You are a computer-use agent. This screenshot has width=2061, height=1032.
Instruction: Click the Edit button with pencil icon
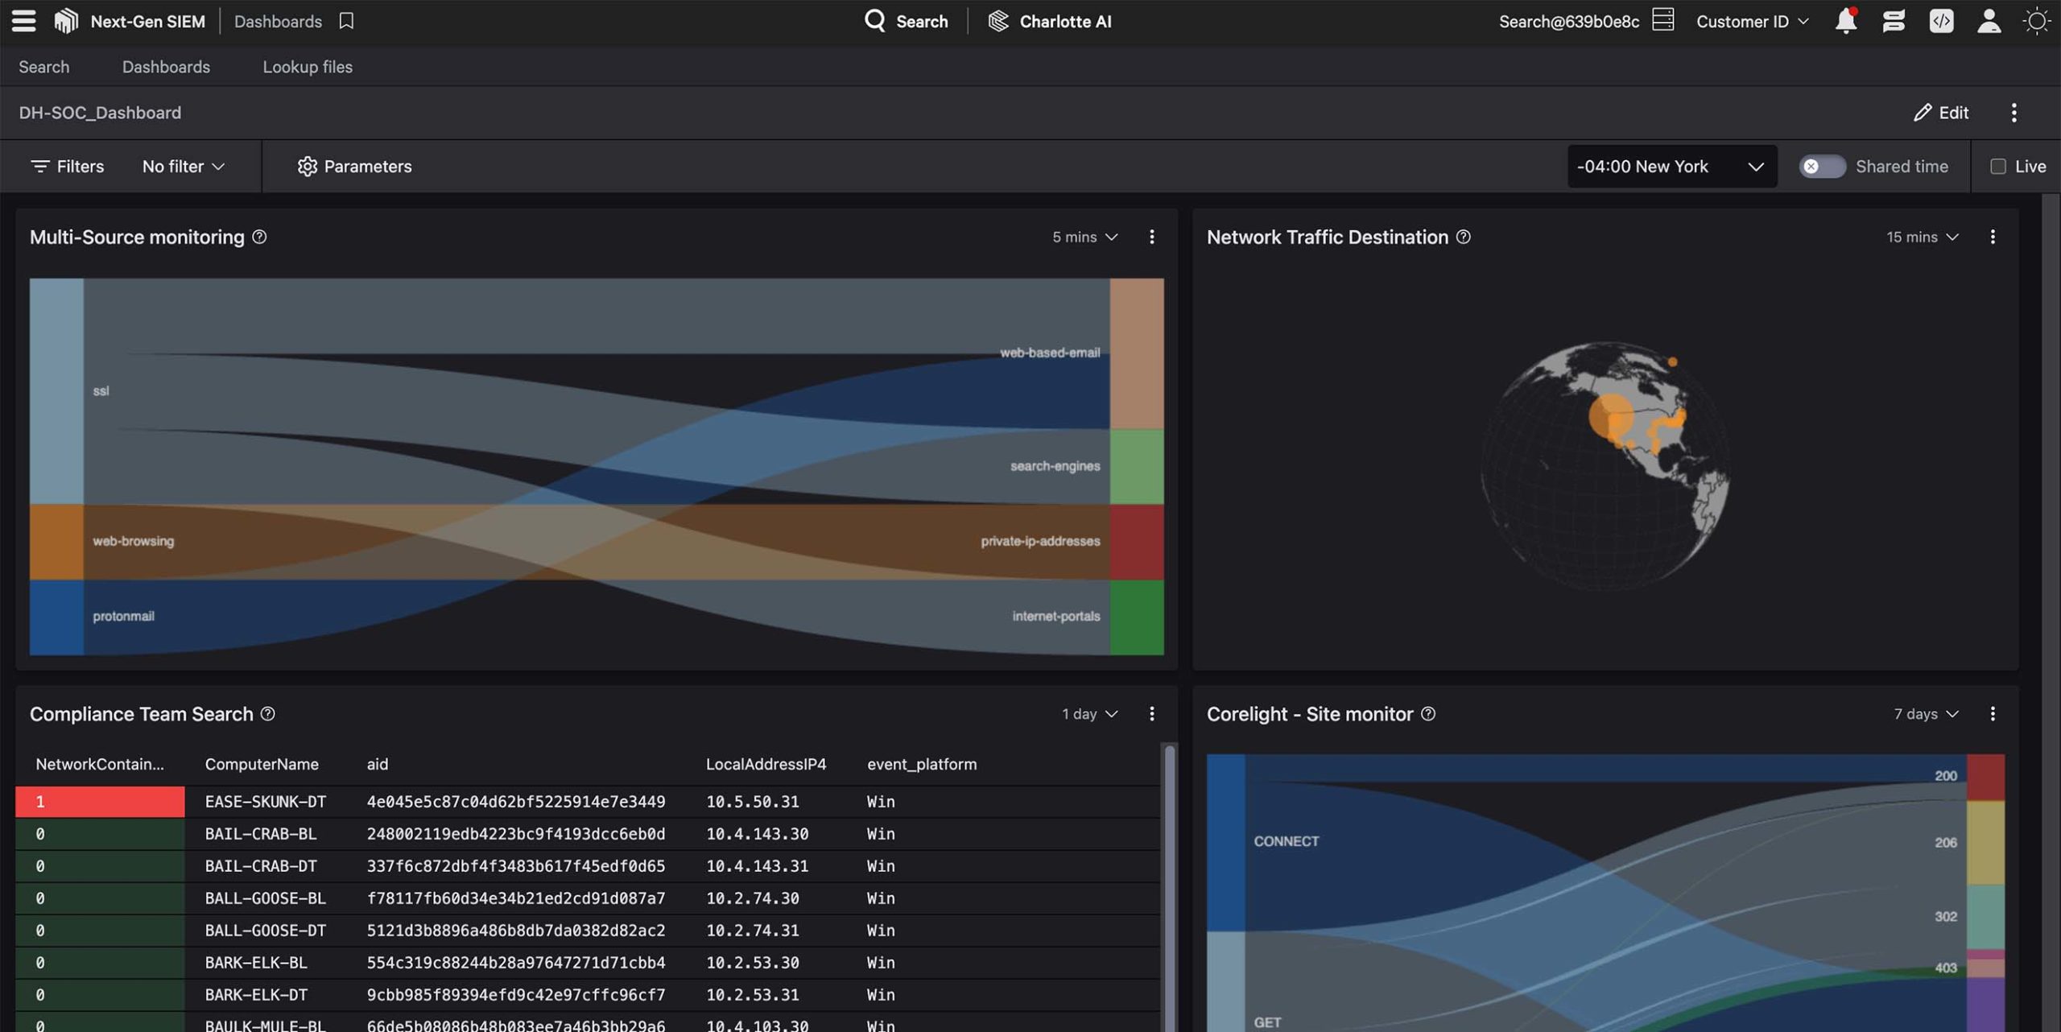click(x=1941, y=113)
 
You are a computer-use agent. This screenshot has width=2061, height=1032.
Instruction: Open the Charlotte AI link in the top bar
click(x=1050, y=22)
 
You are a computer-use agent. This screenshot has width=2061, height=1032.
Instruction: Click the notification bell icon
click(x=1845, y=22)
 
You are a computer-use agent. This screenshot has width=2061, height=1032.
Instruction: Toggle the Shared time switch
click(x=1822, y=167)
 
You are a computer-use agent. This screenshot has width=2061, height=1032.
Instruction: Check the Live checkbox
click(x=1998, y=167)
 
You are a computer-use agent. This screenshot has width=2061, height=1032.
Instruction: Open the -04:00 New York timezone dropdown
click(x=1671, y=167)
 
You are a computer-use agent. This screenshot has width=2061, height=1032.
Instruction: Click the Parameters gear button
click(x=354, y=167)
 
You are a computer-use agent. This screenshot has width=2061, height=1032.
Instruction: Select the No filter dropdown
click(x=183, y=167)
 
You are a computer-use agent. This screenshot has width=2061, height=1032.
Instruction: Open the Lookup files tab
click(x=308, y=67)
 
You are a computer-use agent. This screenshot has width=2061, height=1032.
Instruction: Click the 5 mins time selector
click(x=1084, y=237)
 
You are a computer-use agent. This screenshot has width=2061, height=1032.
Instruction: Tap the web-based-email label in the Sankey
click(x=1049, y=353)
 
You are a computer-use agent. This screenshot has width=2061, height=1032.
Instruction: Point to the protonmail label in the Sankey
click(x=123, y=617)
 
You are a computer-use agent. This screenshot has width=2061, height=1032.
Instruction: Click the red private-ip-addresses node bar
click(x=1136, y=542)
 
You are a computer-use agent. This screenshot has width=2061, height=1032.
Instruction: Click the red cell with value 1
click(x=100, y=802)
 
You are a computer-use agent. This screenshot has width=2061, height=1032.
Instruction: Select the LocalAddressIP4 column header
click(x=766, y=765)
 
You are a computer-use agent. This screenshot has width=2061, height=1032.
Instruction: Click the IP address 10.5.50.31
click(x=752, y=802)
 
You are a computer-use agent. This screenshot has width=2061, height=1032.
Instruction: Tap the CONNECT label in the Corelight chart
click(x=1286, y=841)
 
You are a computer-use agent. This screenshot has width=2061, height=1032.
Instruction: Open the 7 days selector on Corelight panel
click(x=1926, y=715)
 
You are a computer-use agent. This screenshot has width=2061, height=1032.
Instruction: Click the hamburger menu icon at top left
click(x=23, y=21)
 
